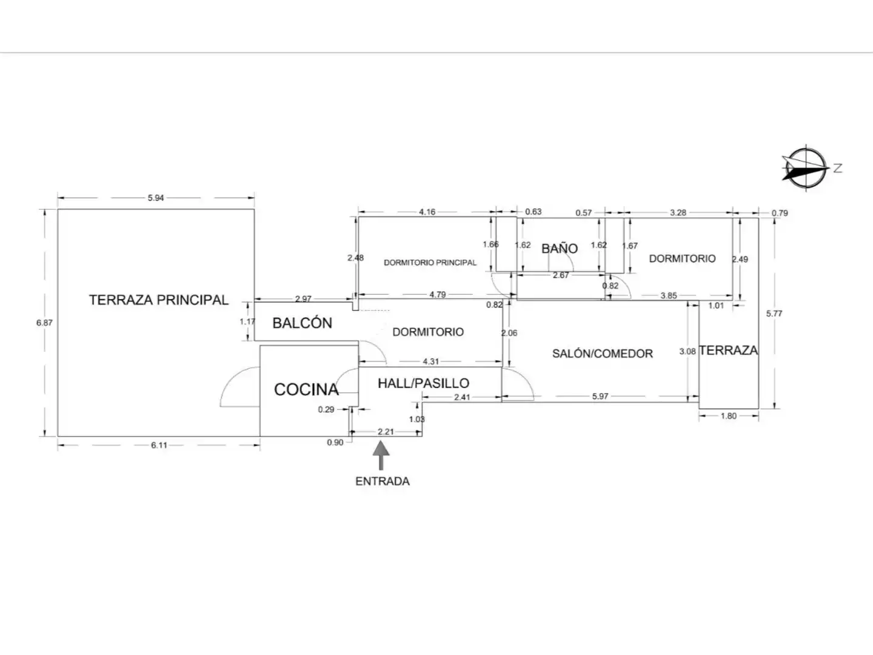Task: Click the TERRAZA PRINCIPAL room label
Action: (x=159, y=300)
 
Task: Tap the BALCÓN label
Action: (x=303, y=323)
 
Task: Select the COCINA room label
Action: (x=306, y=389)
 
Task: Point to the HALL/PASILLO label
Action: (x=424, y=383)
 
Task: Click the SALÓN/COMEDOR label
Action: (x=603, y=354)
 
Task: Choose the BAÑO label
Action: (x=560, y=249)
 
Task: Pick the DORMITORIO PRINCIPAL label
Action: (x=430, y=263)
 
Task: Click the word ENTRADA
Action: (x=382, y=481)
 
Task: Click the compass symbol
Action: (x=806, y=168)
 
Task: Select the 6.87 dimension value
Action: (x=44, y=323)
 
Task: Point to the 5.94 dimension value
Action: (x=156, y=198)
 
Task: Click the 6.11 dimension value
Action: (x=159, y=445)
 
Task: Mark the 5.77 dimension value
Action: (x=774, y=314)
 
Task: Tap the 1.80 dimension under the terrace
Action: (x=728, y=415)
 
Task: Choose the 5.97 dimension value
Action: (x=600, y=396)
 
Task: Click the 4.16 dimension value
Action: (x=427, y=212)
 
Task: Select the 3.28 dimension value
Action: (x=678, y=212)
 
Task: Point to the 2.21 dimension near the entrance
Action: (x=386, y=431)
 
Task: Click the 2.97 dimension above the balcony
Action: (x=303, y=298)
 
